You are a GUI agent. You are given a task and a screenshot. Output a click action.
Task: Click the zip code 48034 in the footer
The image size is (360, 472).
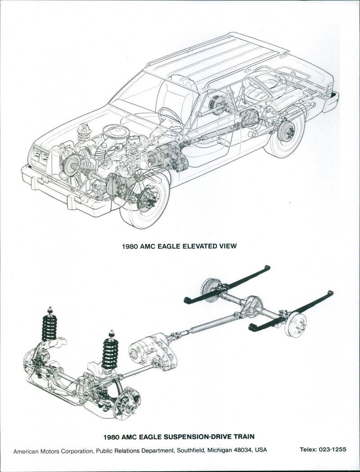pyautogui.click(x=243, y=449)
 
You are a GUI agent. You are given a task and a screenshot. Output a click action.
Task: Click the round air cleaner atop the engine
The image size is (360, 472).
pyautogui.click(x=117, y=132)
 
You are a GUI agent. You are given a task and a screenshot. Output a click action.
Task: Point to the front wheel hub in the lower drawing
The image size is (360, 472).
pyautogui.click(x=127, y=402)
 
